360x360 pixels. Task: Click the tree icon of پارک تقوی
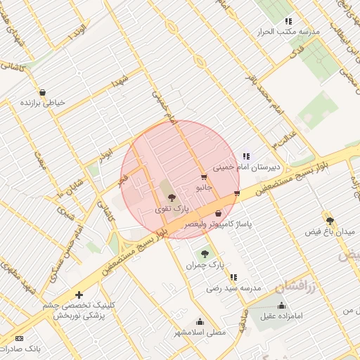[x=172, y=198]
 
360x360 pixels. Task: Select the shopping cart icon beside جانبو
[x=204, y=177]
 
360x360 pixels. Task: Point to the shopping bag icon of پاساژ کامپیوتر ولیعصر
[x=218, y=213]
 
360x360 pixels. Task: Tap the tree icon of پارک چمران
[x=205, y=254]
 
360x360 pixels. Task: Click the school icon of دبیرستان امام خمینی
[x=246, y=156]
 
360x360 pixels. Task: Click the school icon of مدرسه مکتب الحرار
[x=288, y=21]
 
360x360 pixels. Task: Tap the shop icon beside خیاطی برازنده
[x=43, y=92]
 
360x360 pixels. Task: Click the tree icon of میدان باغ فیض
[x=328, y=220]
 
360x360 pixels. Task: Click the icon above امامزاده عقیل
[x=282, y=305]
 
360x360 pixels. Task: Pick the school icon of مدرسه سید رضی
[x=233, y=277]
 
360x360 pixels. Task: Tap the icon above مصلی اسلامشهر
[x=200, y=322]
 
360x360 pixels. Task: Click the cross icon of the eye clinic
[x=79, y=295]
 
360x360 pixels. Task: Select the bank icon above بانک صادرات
[x=18, y=339]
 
